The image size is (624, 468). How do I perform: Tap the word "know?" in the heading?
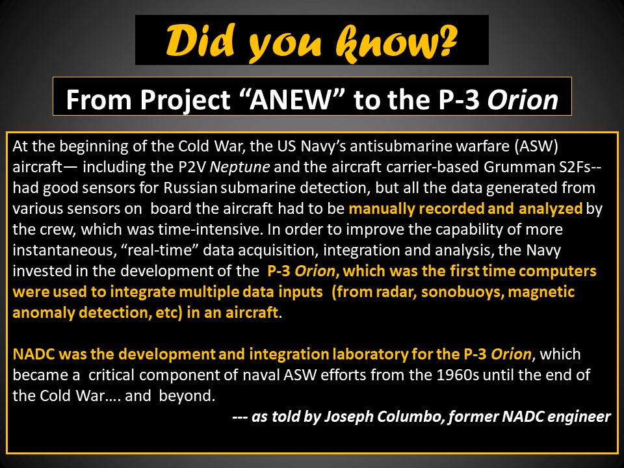point(396,41)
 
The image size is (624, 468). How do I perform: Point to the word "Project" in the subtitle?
point(185,99)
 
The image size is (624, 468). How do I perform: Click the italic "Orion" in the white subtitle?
point(523,99)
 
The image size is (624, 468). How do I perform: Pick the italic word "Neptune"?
point(240,167)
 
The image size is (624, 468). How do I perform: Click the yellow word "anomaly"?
point(44,313)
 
